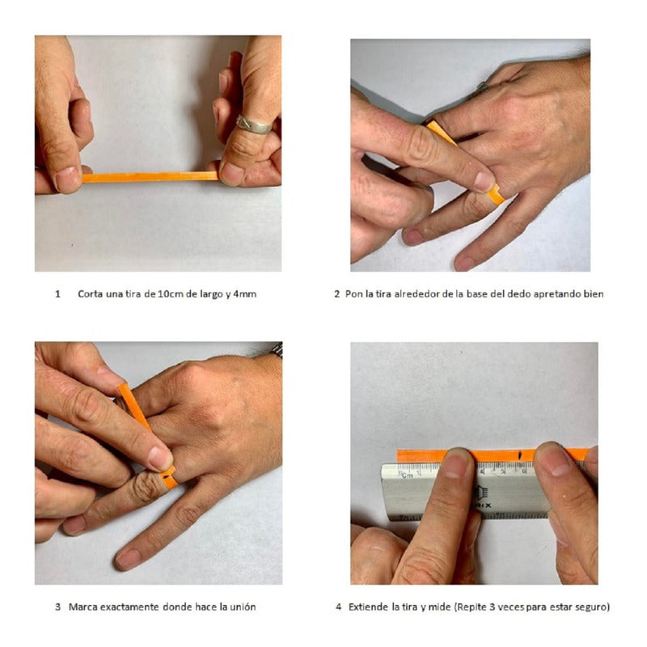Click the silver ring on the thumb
click(x=253, y=125)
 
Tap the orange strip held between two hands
click(x=150, y=177)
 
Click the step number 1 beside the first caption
click(x=57, y=294)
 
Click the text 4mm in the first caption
click(x=245, y=294)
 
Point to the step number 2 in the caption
click(x=337, y=294)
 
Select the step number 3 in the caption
click(x=57, y=607)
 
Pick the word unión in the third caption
click(x=243, y=607)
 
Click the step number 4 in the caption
click(x=339, y=607)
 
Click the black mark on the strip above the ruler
click(x=520, y=455)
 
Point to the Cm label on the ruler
click(x=407, y=475)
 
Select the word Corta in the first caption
click(x=90, y=294)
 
